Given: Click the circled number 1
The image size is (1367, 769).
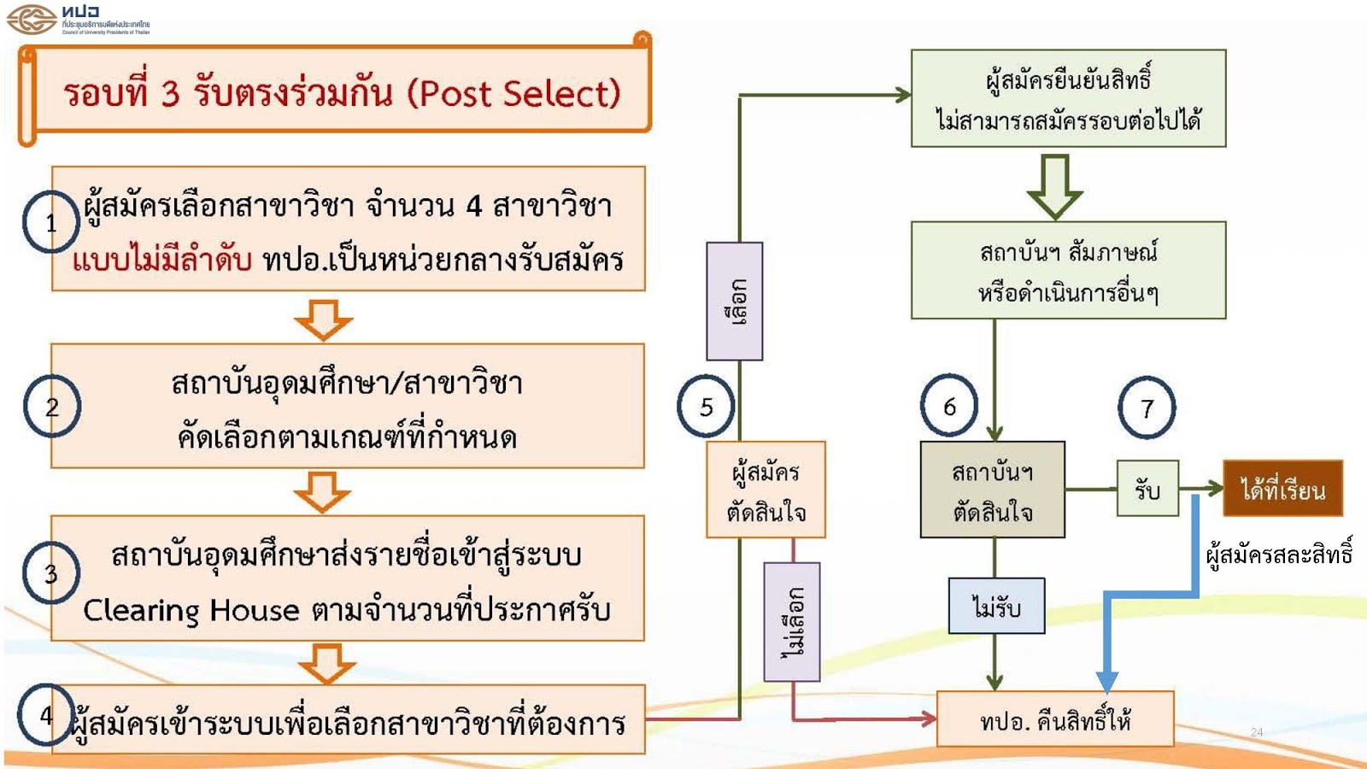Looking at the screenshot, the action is coord(51,222).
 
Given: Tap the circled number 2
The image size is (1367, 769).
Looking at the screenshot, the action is coord(52,406).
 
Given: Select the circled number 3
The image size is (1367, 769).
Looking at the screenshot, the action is coord(51,573).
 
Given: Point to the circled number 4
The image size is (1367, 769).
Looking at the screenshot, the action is coord(46,714).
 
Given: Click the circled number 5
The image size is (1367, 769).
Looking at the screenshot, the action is coord(706,407).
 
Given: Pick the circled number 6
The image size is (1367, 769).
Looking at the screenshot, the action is coord(949,406).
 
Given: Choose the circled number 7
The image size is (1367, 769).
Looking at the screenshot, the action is coord(1147,408).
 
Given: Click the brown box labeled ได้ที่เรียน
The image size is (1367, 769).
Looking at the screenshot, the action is coord(1282,488).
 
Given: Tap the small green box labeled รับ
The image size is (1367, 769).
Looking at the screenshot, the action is coord(1147,488).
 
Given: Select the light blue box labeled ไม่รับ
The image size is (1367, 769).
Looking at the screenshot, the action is coord(996,606).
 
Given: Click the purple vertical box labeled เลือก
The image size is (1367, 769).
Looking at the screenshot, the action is coord(734,301).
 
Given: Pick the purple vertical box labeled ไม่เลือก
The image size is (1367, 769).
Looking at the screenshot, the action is coord(791,622).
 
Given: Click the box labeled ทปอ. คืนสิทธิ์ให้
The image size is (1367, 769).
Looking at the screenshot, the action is coord(1055,719).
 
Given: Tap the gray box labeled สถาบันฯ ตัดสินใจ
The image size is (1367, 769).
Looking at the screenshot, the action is coord(992,490).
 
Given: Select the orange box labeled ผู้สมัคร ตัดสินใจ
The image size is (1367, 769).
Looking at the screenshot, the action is coord(766,490).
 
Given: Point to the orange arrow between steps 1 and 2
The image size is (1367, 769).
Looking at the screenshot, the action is coord(324,320).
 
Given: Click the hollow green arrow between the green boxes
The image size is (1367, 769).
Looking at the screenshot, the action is coord(1054,187).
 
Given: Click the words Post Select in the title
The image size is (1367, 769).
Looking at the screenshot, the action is coord(513,94).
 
